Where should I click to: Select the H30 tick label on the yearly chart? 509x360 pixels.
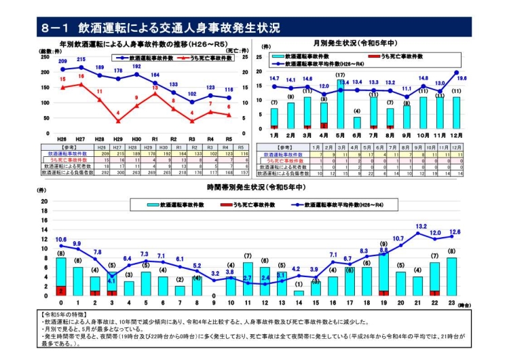point(136,138)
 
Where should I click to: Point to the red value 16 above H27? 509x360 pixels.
point(81,76)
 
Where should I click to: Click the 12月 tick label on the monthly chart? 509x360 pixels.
point(456,135)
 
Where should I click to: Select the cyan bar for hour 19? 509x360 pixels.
point(383,272)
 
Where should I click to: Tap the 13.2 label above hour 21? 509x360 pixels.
point(421,226)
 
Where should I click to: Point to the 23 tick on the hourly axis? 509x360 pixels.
point(452,303)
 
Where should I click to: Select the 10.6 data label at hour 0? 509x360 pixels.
point(61,239)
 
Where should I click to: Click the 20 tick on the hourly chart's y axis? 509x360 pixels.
point(44,202)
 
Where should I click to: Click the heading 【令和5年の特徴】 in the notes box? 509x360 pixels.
point(64,314)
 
